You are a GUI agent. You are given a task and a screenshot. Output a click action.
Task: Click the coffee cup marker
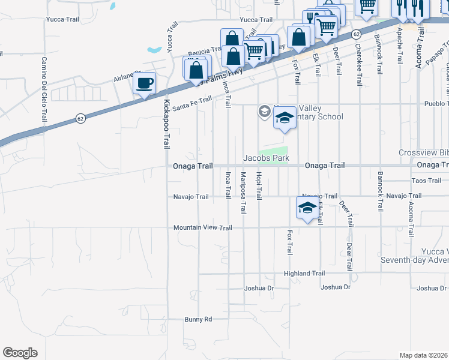tap(144, 83)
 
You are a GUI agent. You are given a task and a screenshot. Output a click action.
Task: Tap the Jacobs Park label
tap(266, 158)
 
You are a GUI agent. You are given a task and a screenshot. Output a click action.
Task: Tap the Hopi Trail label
tap(259, 186)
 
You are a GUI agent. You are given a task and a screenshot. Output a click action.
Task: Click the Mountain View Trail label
tap(202, 228)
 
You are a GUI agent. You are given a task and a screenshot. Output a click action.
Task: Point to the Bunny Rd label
tap(198, 319)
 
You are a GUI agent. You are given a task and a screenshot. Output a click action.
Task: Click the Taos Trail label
tap(427, 181)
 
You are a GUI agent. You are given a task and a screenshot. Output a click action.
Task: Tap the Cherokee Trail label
tap(358, 65)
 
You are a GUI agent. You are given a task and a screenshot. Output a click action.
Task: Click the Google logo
tap(20, 353)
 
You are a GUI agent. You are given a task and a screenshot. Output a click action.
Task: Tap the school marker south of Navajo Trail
tap(307, 209)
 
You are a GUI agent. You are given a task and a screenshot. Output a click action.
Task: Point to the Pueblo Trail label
tap(436, 104)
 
